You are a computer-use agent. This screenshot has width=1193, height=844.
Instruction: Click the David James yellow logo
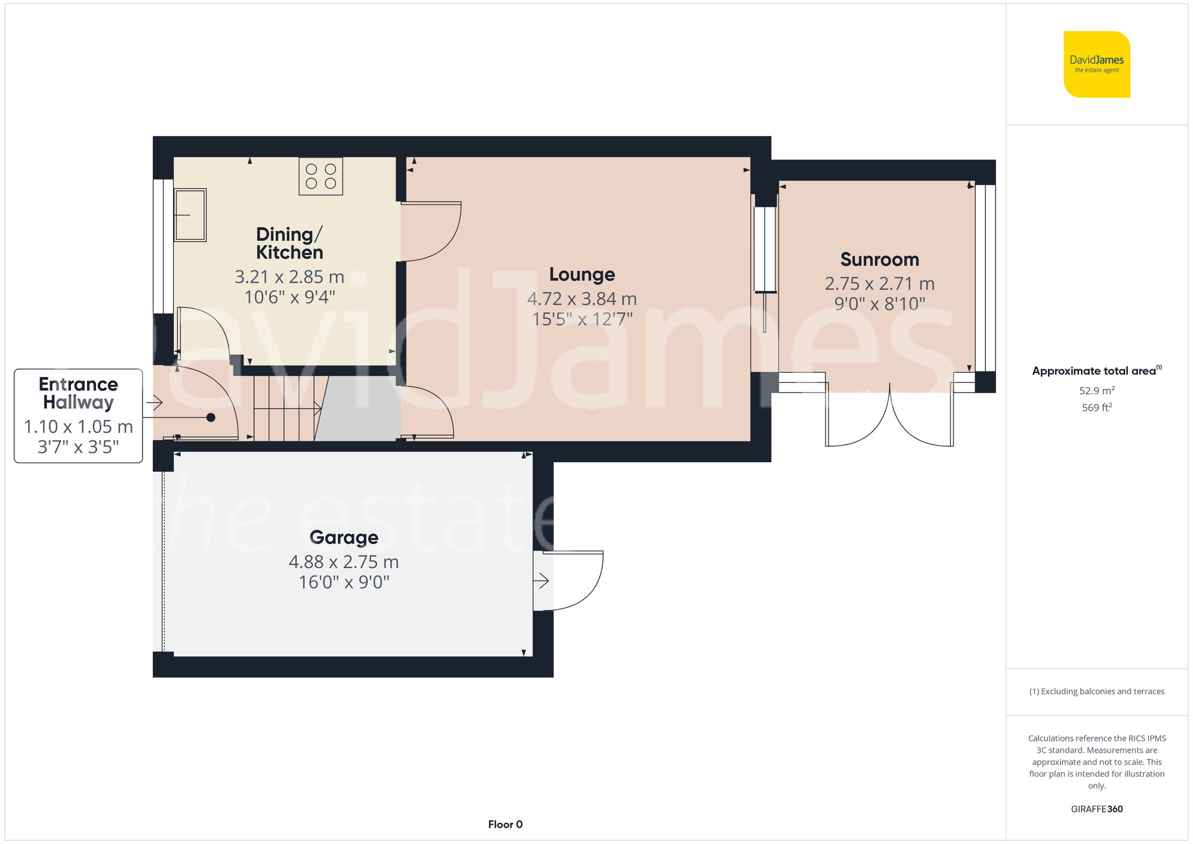tap(1096, 64)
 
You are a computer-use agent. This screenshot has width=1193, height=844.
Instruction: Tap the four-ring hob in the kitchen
tap(321, 176)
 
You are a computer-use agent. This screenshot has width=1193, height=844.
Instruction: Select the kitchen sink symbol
tap(190, 215)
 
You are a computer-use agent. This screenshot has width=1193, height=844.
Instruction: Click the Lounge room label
tap(582, 274)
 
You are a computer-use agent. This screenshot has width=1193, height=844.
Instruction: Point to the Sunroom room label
tap(879, 259)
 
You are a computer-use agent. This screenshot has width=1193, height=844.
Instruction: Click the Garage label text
tap(344, 537)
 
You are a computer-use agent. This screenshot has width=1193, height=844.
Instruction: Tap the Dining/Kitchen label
tap(289, 243)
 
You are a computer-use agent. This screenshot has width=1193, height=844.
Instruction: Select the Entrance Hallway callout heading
tap(78, 393)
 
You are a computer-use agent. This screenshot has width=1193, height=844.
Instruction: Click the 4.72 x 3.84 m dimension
tap(582, 299)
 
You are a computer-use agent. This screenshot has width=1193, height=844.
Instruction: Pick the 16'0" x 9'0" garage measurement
tap(344, 582)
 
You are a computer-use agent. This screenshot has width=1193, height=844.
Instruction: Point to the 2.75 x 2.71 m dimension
tap(879, 284)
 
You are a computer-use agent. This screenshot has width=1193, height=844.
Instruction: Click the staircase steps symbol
tap(285, 409)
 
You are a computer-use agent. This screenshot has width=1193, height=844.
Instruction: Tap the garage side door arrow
tap(542, 580)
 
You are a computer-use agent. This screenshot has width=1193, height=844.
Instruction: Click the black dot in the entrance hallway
tap(211, 418)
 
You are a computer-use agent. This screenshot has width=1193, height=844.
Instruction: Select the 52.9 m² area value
tap(1096, 391)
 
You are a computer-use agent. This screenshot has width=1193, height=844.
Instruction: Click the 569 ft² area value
tap(1096, 407)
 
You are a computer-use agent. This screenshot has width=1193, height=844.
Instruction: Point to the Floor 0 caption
tap(505, 824)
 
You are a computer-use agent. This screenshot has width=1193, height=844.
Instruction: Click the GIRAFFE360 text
tap(1096, 809)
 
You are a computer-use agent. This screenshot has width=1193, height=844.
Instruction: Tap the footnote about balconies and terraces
tap(1096, 691)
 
